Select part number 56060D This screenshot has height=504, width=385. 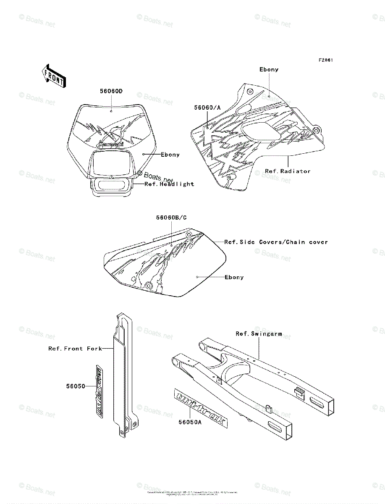[111, 91]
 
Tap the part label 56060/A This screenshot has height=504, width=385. [207, 108]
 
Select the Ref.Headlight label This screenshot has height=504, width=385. [169, 184]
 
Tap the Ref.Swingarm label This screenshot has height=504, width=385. [258, 334]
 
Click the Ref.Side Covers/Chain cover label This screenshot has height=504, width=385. [276, 242]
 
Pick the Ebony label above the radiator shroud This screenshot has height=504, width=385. [269, 70]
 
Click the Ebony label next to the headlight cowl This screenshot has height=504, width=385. [170, 155]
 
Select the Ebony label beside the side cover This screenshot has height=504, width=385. [234, 277]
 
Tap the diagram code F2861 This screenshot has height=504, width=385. [325, 60]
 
